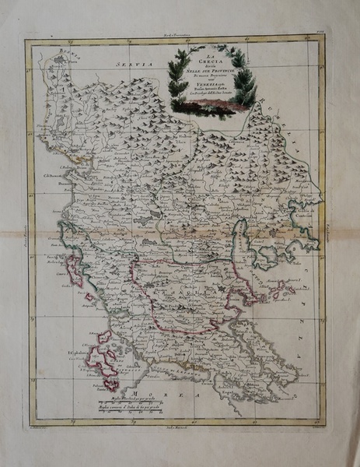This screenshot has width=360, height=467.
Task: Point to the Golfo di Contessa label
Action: click(x=306, y=216)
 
